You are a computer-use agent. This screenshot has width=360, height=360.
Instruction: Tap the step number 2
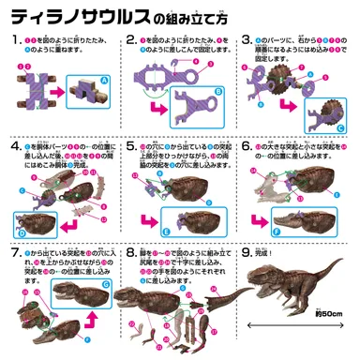click(x=129, y=42)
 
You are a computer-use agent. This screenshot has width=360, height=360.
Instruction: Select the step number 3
click(x=247, y=42)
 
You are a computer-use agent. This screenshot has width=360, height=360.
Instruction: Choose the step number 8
click(x=129, y=253)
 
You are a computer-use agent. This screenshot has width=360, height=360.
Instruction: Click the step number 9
click(x=247, y=253)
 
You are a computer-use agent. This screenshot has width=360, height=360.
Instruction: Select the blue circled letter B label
click(x=217, y=92)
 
